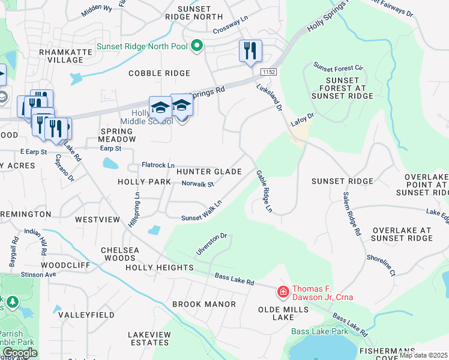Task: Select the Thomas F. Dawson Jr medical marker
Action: pyautogui.click(x=282, y=292)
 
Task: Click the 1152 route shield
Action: pyautogui.click(x=268, y=72)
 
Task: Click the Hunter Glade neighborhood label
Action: pyautogui.click(x=209, y=172)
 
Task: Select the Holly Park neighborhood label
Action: pyautogui.click(x=145, y=182)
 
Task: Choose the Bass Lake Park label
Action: pyautogui.click(x=319, y=331)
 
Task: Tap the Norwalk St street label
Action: pyautogui.click(x=197, y=184)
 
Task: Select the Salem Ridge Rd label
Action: pyautogui.click(x=352, y=213)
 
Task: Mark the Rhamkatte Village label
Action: pyautogui.click(x=61, y=56)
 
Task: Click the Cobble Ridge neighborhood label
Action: pyautogui.click(x=159, y=73)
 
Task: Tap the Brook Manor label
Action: pyautogui.click(x=204, y=304)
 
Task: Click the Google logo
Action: pyautogui.click(x=20, y=353)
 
